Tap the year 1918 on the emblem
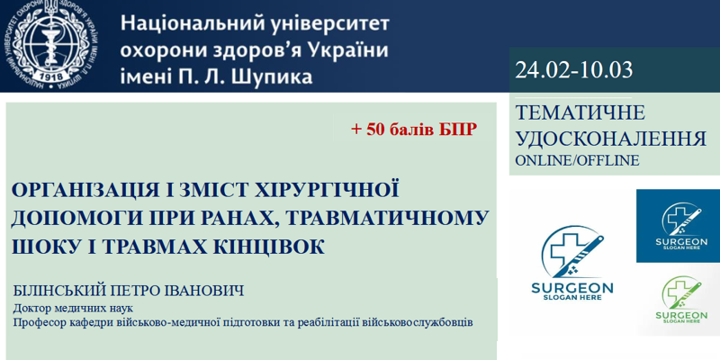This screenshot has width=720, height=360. (x=53, y=76)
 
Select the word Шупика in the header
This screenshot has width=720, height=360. (x=274, y=76)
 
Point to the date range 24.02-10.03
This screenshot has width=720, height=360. (x=574, y=70)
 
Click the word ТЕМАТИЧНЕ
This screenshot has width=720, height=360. (x=580, y=113)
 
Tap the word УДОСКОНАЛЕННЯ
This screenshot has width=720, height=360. (x=611, y=139)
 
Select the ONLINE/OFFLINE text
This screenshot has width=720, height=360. (x=577, y=161)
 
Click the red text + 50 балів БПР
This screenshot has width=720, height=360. (x=414, y=130)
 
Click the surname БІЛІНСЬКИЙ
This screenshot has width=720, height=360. (x=59, y=291)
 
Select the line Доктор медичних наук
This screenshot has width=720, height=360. (x=74, y=307)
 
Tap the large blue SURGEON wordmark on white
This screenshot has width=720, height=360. (x=572, y=288)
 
